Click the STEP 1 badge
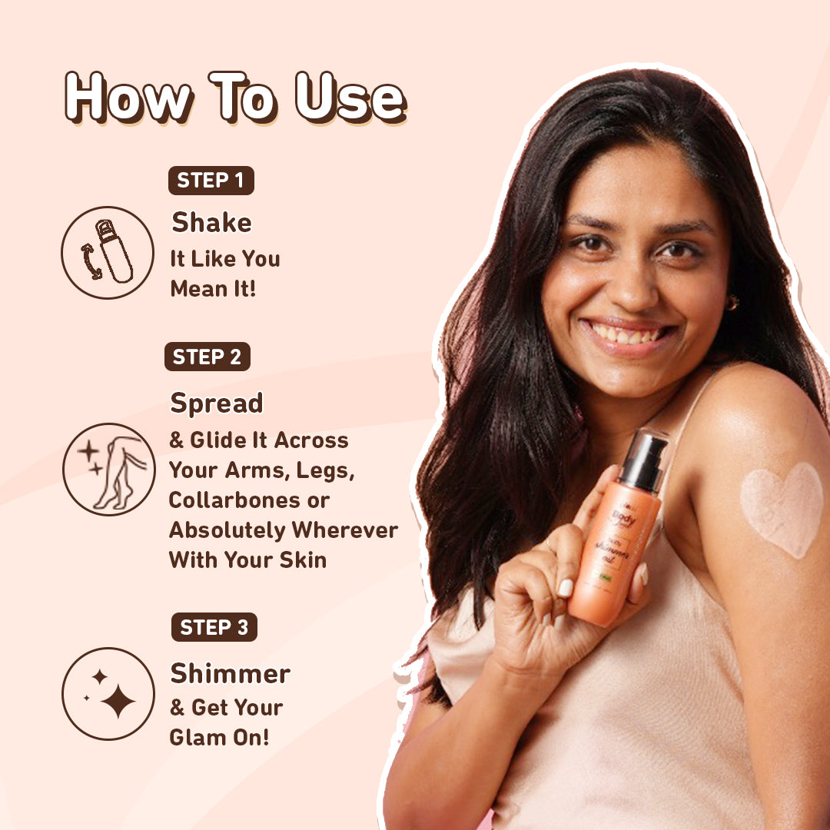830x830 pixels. pyautogui.click(x=211, y=181)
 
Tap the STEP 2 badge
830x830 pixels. pyautogui.click(x=207, y=357)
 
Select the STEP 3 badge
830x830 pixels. pyautogui.click(x=214, y=627)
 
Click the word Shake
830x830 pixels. pyautogui.click(x=211, y=223)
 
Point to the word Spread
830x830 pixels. pyautogui.click(x=217, y=403)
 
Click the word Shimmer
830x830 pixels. pyautogui.click(x=230, y=673)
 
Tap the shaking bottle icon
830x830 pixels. pyautogui.click(x=108, y=252)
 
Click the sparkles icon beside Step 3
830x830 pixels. pyautogui.click(x=108, y=694)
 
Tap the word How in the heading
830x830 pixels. pyautogui.click(x=128, y=98)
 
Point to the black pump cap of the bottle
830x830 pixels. pyautogui.click(x=643, y=460)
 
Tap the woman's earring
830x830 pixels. pyautogui.click(x=732, y=302)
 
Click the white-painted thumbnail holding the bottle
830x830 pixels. pyautogui.click(x=566, y=587)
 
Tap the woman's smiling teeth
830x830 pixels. pyautogui.click(x=626, y=335)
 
